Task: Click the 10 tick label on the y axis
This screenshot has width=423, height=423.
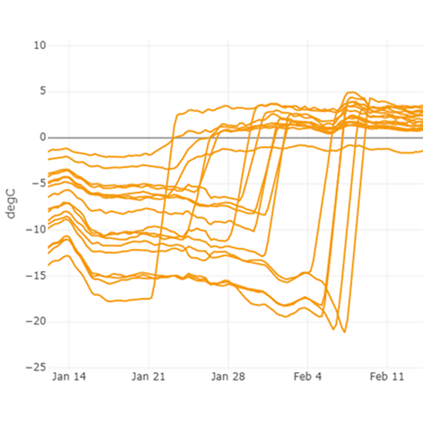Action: pos(40,46)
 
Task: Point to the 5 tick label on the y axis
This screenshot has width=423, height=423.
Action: pos(42,92)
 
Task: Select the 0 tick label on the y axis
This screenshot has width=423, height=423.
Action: pos(42,137)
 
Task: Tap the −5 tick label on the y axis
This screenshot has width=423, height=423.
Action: pos(39,184)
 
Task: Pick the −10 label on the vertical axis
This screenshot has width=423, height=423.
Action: pos(36,229)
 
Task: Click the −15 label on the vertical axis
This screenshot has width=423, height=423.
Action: pos(36,276)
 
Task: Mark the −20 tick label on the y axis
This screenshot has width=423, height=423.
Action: pos(36,321)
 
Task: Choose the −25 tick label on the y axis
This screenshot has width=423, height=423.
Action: pos(36,367)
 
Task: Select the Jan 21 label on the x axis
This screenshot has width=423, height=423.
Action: pos(149,377)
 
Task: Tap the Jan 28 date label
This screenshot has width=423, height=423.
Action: pos(229,377)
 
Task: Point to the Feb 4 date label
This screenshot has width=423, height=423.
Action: pos(308,377)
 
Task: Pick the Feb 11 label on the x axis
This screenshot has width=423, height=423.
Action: pos(387,377)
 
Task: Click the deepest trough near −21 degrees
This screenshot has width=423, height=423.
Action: pos(344,331)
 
